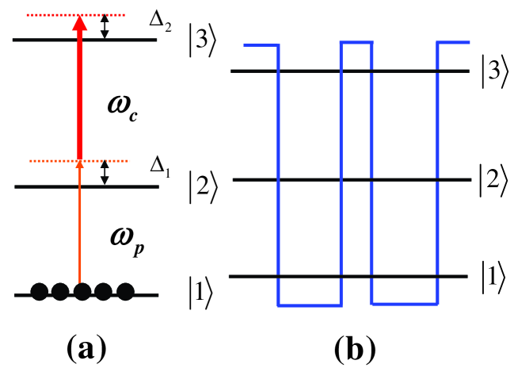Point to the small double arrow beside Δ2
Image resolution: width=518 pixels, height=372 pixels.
pos(105,27)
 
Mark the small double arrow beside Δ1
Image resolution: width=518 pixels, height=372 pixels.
pos(105,174)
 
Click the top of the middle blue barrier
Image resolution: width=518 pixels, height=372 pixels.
pos(356,42)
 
